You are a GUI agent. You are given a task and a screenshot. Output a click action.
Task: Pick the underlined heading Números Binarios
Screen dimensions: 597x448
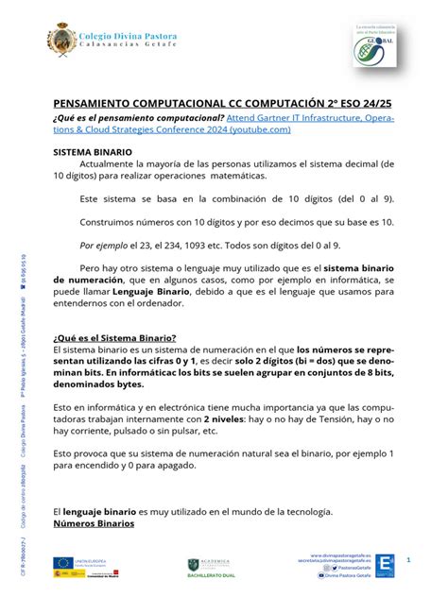pyautogui.click(x=95, y=522)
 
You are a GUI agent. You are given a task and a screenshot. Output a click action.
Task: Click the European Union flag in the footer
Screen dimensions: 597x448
pyautogui.click(x=62, y=562)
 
